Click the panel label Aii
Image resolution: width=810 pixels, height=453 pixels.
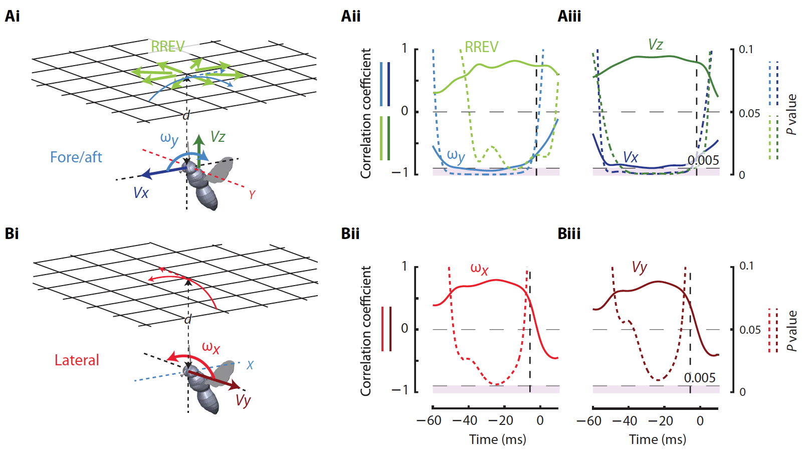pos(350,16)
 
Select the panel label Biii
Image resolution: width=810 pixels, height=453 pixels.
pos(569,234)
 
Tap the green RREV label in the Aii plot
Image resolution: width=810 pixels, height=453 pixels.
pos(481,47)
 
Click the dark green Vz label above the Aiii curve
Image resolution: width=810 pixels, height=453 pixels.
pos(655,45)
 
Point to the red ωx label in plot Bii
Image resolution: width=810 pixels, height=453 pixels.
pos(479,269)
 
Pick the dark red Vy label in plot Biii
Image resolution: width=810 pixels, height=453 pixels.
pos(639,267)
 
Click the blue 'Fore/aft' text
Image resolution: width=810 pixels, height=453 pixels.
pos(76,157)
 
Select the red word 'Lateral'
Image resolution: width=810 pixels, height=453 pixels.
pos(77,360)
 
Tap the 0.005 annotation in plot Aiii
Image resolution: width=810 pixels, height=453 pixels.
pos(703,160)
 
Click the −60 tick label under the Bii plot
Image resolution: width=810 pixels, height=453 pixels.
pos(429,420)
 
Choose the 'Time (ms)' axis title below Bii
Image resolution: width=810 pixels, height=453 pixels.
pos(497,439)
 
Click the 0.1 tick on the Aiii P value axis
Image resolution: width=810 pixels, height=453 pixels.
pos(746,49)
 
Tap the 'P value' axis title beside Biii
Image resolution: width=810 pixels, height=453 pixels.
pos(792,331)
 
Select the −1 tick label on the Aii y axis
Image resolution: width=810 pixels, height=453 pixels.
pos(399,172)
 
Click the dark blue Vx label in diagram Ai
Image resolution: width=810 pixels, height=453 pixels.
pos(141,193)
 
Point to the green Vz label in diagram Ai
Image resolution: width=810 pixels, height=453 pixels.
pos(218,137)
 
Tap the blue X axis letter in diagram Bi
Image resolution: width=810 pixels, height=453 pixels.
pos(250,365)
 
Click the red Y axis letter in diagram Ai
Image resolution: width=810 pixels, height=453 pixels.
pos(252,194)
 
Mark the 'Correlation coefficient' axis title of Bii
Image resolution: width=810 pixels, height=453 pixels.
pos(366,331)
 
